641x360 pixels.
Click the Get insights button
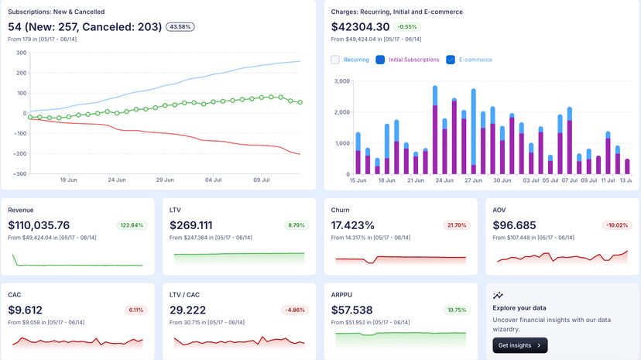tap(519, 345)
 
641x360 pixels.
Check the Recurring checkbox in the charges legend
tap(335, 60)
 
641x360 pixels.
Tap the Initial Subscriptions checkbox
tap(380, 60)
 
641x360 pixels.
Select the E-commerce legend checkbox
tap(451, 60)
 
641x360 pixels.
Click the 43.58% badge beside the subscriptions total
tap(180, 27)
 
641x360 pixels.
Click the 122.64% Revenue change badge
tap(132, 225)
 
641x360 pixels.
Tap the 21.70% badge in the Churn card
tap(455, 225)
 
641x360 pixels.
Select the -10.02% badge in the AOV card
tap(617, 225)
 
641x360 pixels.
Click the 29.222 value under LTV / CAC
tap(189, 310)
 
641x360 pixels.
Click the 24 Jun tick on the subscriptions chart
tap(117, 180)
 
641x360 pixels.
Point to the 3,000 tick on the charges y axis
tap(341, 81)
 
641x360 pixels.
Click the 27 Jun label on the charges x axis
tap(473, 180)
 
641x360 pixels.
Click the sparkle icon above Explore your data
tap(498, 295)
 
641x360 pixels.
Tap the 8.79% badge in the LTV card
tap(297, 225)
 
